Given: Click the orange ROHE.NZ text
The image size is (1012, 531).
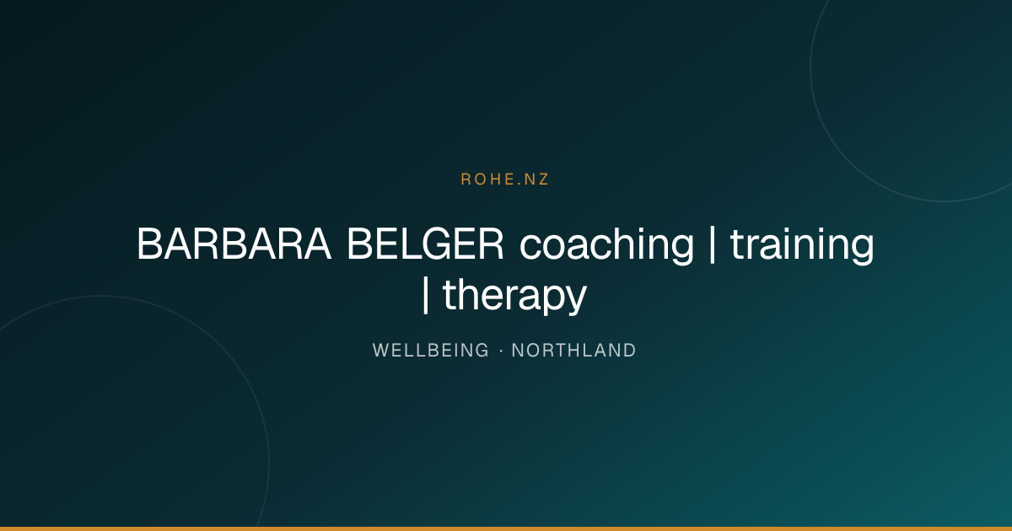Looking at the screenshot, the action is (x=504, y=180).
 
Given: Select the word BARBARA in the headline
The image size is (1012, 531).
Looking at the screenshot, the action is (x=234, y=244).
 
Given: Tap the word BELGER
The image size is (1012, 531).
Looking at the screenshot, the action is (x=425, y=244).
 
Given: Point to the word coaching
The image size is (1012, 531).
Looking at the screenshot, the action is (x=606, y=245).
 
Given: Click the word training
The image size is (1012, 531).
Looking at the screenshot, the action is (x=802, y=245).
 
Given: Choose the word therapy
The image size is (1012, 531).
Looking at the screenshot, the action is (x=514, y=295).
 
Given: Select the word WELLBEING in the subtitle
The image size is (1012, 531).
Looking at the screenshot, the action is (x=431, y=351).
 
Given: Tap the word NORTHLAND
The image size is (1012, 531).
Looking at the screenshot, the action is (x=573, y=351).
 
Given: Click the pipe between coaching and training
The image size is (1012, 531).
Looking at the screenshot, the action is (x=713, y=244).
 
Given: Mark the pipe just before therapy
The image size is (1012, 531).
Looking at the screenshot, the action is (x=425, y=294).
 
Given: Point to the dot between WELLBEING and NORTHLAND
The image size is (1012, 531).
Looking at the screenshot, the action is (x=501, y=351).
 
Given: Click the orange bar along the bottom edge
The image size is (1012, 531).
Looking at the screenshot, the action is (x=506, y=528).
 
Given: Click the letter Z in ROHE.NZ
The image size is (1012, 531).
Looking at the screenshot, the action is (x=543, y=180).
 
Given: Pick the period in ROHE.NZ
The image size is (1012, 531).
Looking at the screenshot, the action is (x=518, y=184).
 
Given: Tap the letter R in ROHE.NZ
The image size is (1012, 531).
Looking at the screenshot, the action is (x=466, y=180).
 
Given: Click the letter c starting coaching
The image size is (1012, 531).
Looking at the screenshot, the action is (x=530, y=249).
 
